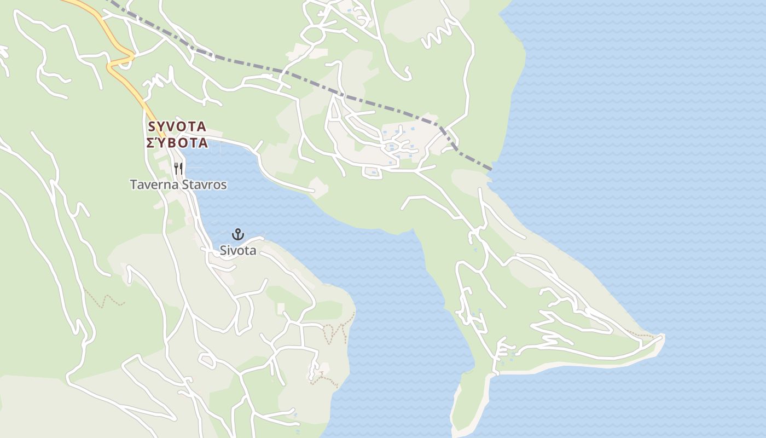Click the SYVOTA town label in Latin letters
click(x=177, y=127)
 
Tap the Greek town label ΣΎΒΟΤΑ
click(x=177, y=143)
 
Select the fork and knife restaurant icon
click(x=178, y=168)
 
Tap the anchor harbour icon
click(x=237, y=234)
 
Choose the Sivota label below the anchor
click(x=238, y=251)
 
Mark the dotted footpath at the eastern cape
click(x=640, y=333)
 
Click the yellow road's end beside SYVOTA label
click(x=163, y=135)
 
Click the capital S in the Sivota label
click(x=223, y=251)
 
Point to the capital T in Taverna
click(x=133, y=185)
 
